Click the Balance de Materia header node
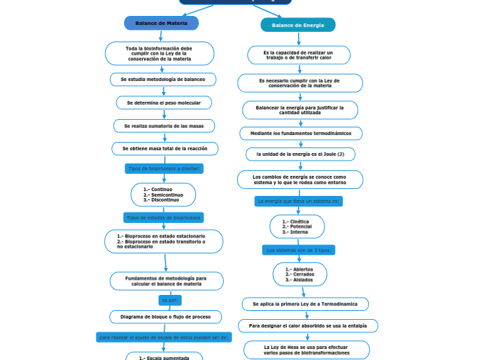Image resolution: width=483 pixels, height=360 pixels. [161, 24]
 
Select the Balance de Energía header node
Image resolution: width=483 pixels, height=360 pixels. [297, 26]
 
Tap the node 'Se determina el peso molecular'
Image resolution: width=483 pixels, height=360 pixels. [164, 102]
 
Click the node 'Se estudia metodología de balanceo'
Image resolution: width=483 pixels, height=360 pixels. [163, 80]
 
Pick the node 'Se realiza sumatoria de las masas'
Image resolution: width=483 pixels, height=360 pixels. [164, 126]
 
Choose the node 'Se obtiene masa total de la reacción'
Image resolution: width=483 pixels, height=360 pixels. [164, 149]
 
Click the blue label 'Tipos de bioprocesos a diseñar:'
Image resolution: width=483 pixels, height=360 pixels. [164, 168]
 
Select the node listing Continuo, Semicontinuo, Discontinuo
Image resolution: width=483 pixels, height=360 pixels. [163, 195]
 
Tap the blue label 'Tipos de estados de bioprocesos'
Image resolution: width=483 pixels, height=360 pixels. [164, 217]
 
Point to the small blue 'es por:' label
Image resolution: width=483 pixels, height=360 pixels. [170, 300]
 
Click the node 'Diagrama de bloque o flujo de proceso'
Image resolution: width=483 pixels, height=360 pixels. [166, 317]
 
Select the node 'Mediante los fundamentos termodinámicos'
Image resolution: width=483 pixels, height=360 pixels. [301, 134]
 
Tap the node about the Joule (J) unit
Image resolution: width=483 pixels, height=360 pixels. [300, 154]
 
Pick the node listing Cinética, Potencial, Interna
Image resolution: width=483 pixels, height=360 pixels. [297, 226]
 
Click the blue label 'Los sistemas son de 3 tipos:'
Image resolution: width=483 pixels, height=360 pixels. [299, 250]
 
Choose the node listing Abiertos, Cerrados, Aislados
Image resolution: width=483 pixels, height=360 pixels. [299, 274]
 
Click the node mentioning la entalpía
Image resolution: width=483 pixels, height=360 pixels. [308, 325]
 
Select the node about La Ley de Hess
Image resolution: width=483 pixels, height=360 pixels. [306, 350]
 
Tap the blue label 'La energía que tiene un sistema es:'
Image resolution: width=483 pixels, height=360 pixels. [298, 201]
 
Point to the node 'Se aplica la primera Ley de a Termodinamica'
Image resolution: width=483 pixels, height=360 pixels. [305, 304]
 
